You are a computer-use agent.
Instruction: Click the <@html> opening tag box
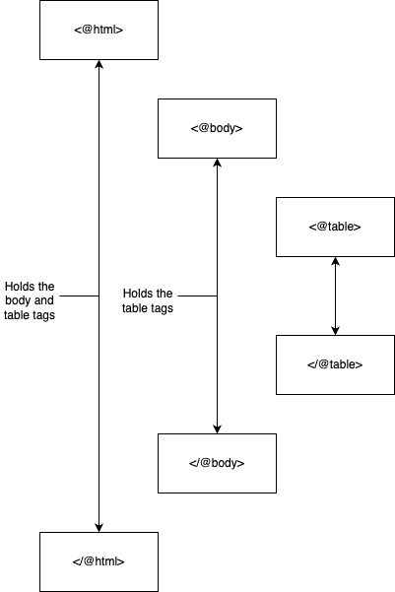(99, 30)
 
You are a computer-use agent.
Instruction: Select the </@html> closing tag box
(99, 561)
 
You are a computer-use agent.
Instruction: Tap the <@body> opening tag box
(217, 128)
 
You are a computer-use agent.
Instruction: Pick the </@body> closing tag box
(217, 463)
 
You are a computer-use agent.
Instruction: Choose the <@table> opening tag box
(335, 227)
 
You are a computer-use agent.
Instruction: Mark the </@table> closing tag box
(335, 364)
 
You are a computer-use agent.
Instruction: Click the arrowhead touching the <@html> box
(99, 64)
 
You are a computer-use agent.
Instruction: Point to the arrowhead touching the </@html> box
(99, 528)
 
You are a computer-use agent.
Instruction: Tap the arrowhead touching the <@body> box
(217, 163)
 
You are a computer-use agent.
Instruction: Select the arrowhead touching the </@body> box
(217, 429)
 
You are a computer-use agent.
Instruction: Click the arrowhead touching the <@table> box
(335, 261)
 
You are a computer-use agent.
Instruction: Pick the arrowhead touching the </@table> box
(335, 331)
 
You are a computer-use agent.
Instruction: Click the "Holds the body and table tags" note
(30, 300)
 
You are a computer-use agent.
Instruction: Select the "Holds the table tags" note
(148, 300)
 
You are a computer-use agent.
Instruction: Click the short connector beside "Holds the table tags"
(197, 296)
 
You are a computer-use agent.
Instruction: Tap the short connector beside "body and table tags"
(80, 296)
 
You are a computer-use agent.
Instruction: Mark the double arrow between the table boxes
(335, 296)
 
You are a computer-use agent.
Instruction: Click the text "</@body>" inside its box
(217, 463)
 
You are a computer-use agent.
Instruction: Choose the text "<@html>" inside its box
(99, 30)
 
